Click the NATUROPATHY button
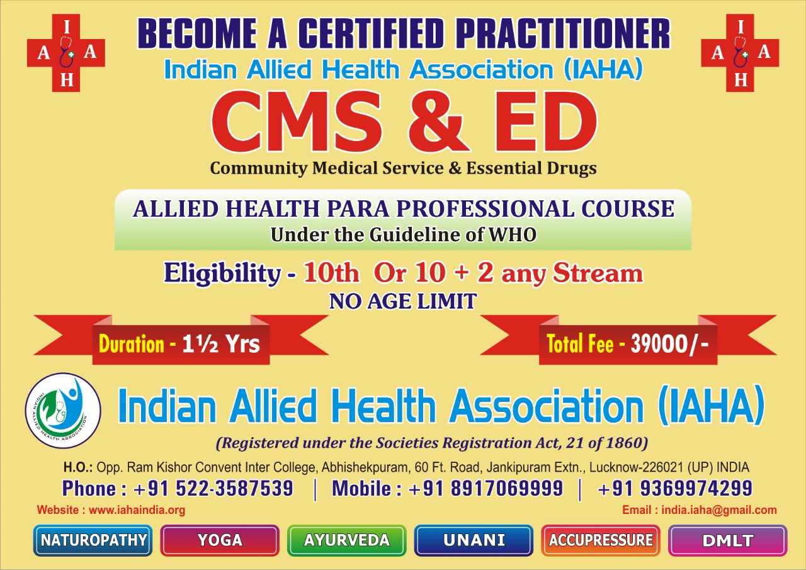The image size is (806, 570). [93, 540]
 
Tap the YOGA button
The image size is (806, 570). [220, 540]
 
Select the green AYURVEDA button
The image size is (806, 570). [347, 540]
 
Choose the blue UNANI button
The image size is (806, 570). [474, 540]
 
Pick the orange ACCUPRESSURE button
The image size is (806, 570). [601, 540]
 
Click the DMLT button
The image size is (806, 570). [728, 540]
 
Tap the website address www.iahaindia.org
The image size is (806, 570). [137, 510]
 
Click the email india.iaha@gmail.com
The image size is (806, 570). [719, 510]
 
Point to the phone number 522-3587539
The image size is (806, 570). [234, 488]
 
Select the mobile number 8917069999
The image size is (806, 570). [507, 488]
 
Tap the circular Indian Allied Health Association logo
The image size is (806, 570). [63, 411]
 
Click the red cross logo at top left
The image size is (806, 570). [66, 53]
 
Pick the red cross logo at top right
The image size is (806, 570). [740, 53]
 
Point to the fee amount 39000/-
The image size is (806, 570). [669, 344]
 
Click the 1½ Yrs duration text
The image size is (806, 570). [221, 344]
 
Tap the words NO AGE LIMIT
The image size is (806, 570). [403, 301]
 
